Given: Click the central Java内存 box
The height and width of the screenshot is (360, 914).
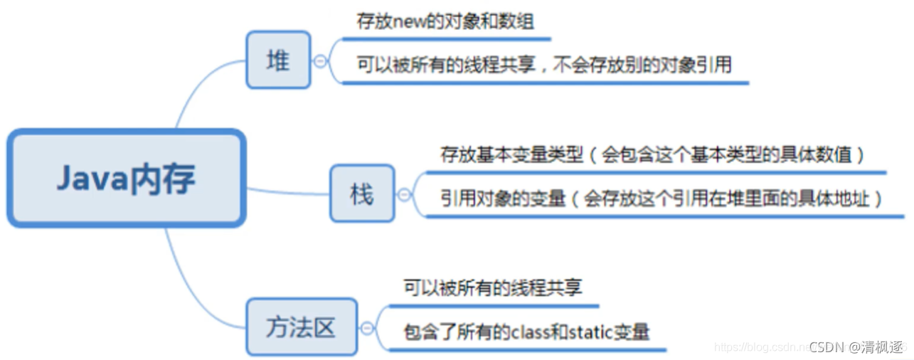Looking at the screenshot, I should click(126, 179).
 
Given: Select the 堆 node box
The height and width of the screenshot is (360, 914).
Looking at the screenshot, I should click(278, 60).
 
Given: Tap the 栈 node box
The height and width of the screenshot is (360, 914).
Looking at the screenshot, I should click(361, 193).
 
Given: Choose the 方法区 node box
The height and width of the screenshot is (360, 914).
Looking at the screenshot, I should click(301, 327).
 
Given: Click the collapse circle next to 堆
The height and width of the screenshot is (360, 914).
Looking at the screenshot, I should click(320, 61).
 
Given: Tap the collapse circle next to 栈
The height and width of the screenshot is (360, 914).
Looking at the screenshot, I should click(403, 194).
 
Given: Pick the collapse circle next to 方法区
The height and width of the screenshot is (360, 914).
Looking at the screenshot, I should click(366, 328).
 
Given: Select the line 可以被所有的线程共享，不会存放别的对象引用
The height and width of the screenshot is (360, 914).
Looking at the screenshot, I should click(544, 65).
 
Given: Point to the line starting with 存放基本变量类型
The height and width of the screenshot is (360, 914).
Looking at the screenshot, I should click(652, 154).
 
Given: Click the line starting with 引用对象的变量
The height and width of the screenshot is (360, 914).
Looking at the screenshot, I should click(661, 198).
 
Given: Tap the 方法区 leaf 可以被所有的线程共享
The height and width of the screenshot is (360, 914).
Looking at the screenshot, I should click(493, 287).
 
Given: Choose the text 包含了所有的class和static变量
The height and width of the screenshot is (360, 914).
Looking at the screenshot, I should click(526, 332).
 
